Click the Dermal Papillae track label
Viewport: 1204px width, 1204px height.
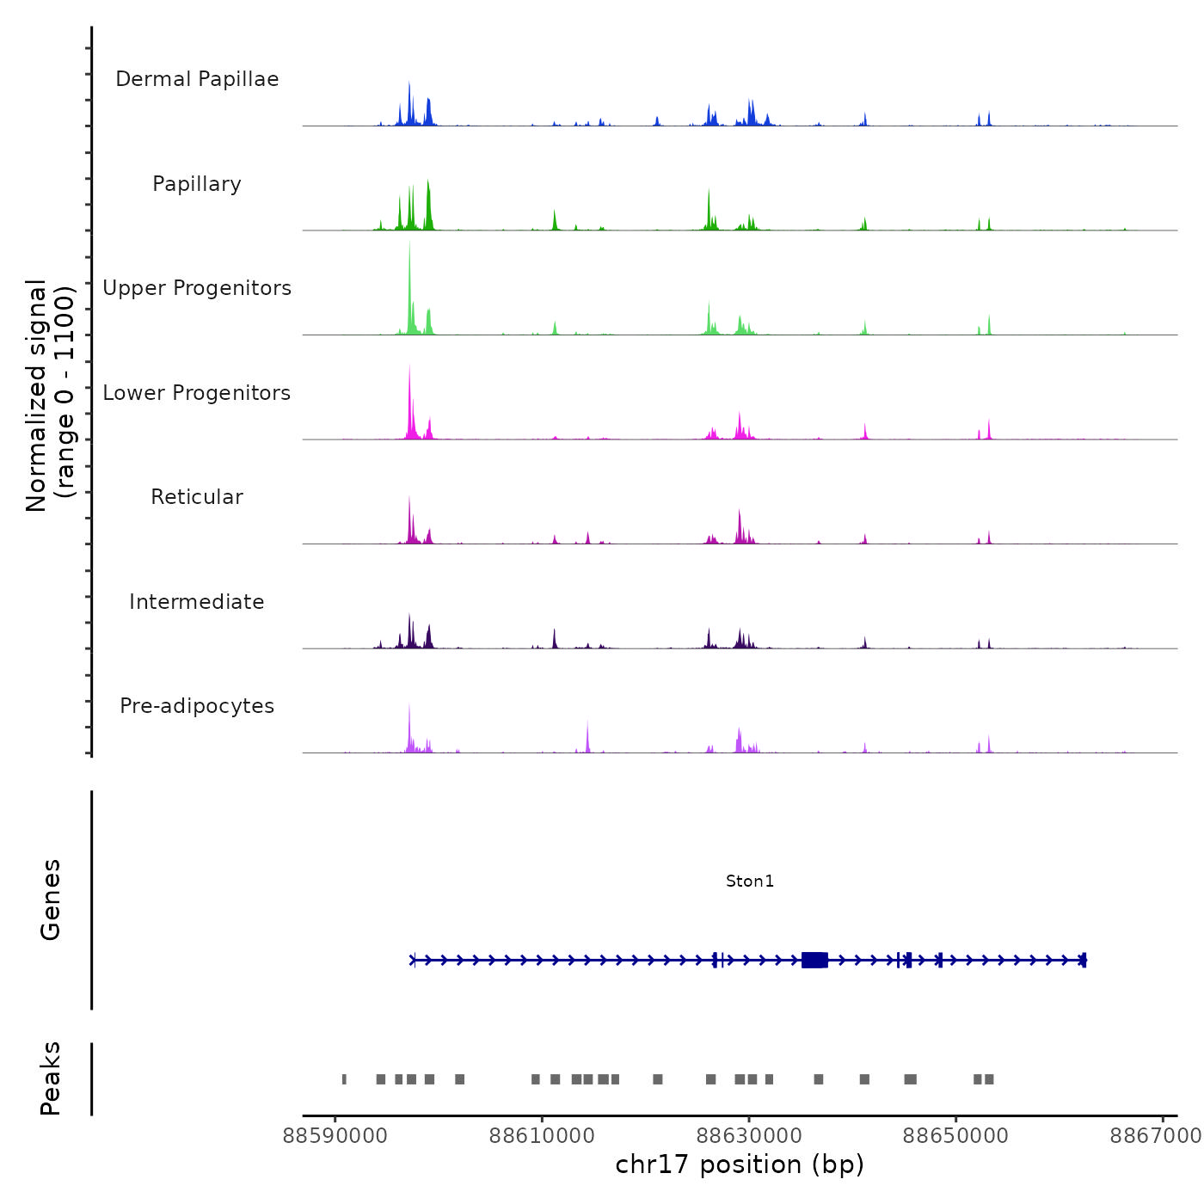197,79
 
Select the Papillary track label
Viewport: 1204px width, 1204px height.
197,184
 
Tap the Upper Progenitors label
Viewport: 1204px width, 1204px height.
197,288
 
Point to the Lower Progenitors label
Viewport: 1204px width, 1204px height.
197,393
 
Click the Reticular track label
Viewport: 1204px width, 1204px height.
197,497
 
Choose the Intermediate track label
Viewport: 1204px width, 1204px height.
197,602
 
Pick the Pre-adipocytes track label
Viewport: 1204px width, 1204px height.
197,706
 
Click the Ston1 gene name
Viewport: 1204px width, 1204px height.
750,881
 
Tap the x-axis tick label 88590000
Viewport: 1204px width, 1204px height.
335,1136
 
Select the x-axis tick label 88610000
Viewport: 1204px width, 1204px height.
542,1136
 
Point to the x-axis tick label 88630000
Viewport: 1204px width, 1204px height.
748,1136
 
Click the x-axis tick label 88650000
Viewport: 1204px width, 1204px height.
955,1136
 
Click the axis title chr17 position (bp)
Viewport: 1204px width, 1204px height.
740,1164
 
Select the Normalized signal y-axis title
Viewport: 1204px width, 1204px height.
50,395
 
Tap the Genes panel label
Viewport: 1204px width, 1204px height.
50,900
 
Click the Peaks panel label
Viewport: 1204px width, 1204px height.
50,1078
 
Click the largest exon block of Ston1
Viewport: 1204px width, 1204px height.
814,960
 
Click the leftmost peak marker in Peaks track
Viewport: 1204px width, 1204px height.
344,1079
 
